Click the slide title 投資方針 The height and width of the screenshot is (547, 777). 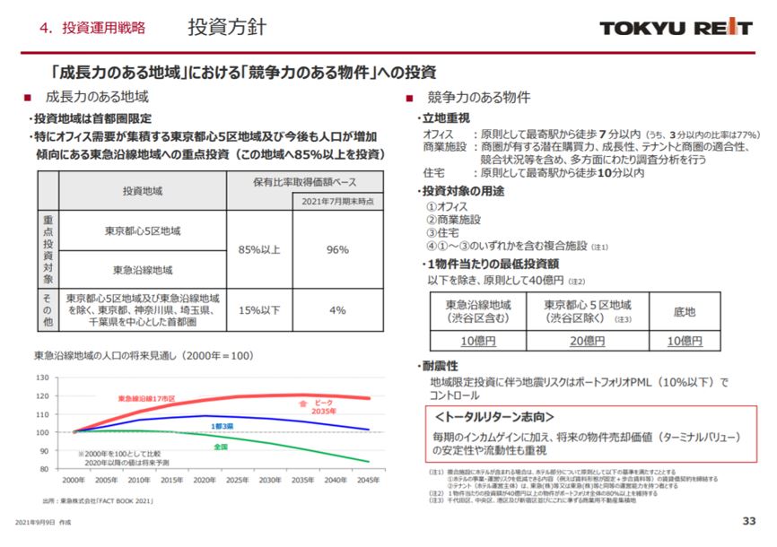pyautogui.click(x=226, y=26)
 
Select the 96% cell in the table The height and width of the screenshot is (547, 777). pyautogui.click(x=337, y=249)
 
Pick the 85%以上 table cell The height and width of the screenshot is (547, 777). pyautogui.click(x=260, y=249)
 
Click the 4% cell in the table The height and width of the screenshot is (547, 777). pyautogui.click(x=337, y=310)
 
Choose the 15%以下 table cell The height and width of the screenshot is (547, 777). pyautogui.click(x=260, y=310)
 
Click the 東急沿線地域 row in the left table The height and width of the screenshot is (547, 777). pyautogui.click(x=143, y=269)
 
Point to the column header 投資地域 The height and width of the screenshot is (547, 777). pyautogui.click(x=143, y=191)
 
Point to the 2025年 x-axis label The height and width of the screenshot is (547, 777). pyautogui.click(x=237, y=481)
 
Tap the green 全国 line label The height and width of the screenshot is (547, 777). pyautogui.click(x=221, y=446)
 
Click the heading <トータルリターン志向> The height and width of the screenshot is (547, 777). pyautogui.click(x=493, y=417)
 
